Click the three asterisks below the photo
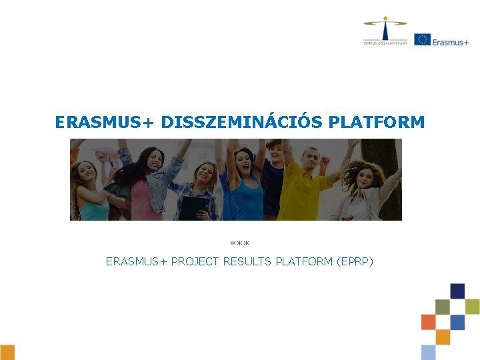[x=239, y=245]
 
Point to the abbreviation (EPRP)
[x=355, y=261]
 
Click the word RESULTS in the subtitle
[x=253, y=261]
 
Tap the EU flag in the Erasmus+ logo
[x=421, y=39]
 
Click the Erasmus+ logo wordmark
[x=450, y=41]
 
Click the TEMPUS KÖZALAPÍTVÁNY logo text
[x=385, y=43]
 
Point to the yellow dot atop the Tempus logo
[x=385, y=19]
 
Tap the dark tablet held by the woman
[x=194, y=207]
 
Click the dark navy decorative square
[x=457, y=291]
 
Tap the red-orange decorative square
[x=428, y=322]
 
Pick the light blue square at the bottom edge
[x=428, y=352]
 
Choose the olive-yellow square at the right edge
[x=473, y=306]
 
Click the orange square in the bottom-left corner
[x=7, y=352]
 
